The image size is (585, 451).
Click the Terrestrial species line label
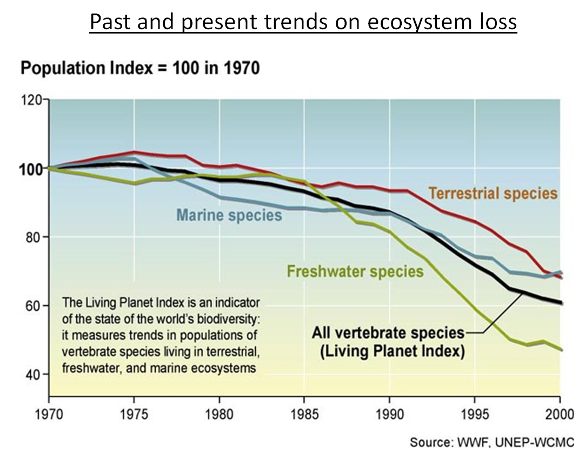click(x=493, y=193)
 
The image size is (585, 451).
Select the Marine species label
click(x=229, y=215)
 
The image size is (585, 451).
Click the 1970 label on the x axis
click(x=49, y=416)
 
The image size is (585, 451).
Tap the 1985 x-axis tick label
click(x=304, y=416)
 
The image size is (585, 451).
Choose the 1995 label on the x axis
click(x=475, y=416)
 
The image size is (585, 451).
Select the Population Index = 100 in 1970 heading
click(x=139, y=69)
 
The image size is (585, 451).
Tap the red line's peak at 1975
click(x=134, y=152)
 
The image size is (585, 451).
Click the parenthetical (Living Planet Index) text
click(x=392, y=351)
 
